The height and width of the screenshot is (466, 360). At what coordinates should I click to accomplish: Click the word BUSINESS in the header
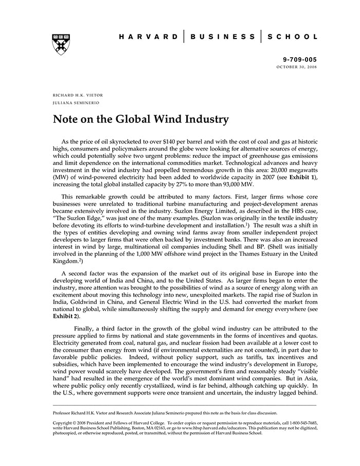tap(223, 37)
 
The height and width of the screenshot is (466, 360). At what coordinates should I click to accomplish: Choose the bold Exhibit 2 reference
tap(64, 316)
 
